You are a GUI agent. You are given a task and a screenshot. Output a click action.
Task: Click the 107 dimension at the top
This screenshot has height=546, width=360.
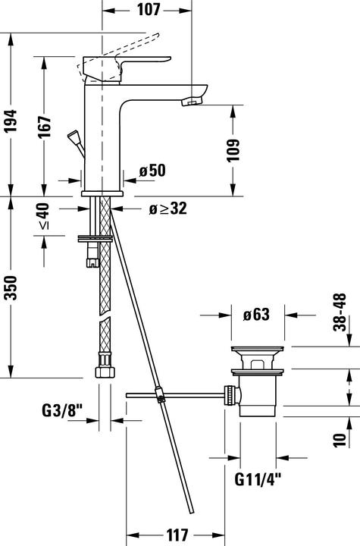pyautogui.click(x=149, y=9)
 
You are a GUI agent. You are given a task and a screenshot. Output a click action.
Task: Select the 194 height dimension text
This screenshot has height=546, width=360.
pyautogui.click(x=11, y=121)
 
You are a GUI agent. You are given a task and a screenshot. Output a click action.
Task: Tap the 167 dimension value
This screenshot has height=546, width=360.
pyautogui.click(x=44, y=127)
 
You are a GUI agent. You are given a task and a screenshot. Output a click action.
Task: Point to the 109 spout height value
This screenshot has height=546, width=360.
pyautogui.click(x=233, y=150)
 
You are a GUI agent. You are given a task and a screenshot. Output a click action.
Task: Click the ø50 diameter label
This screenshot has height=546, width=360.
pyautogui.click(x=152, y=171)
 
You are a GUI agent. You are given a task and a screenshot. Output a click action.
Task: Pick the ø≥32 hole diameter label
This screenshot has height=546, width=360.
pyautogui.click(x=167, y=209)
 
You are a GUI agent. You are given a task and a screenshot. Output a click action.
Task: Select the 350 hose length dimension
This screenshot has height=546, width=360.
pyautogui.click(x=11, y=287)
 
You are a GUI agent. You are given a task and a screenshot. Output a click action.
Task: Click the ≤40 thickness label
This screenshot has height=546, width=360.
pyautogui.click(x=44, y=216)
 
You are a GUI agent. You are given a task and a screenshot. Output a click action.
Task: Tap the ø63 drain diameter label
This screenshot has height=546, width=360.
pyautogui.click(x=256, y=315)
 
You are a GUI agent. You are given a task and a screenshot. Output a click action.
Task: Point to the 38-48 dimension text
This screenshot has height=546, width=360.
pyautogui.click(x=340, y=312)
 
